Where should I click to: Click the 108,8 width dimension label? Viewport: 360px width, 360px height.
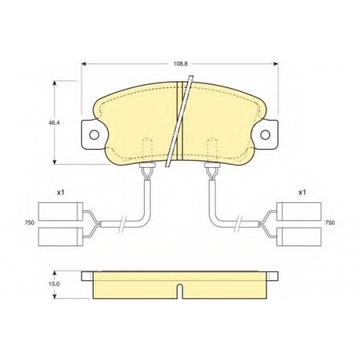click(x=181, y=64)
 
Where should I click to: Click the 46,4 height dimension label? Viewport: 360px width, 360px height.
click(x=54, y=122)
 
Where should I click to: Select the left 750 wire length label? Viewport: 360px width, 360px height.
click(x=30, y=222)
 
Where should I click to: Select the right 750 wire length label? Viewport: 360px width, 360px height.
click(x=330, y=222)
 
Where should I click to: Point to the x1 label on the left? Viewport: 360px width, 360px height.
click(x=60, y=192)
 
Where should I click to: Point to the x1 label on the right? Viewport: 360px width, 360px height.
click(x=302, y=192)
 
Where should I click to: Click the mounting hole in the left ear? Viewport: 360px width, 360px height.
click(x=94, y=135)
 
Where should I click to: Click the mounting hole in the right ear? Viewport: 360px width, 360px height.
click(x=265, y=135)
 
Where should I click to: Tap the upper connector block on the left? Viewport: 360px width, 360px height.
click(x=60, y=212)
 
